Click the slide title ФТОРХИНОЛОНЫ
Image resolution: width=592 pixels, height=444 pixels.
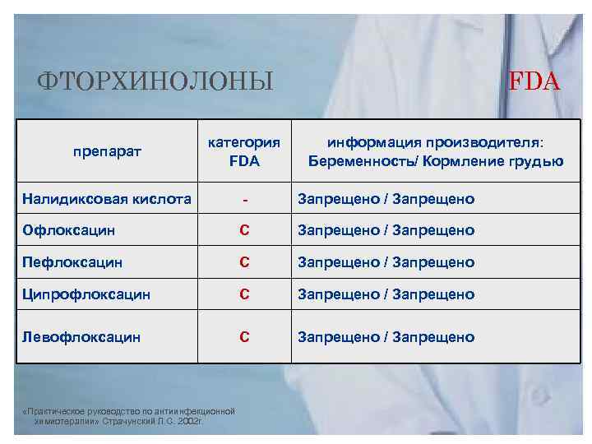(x=156, y=81)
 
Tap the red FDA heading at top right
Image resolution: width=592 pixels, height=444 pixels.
(x=534, y=81)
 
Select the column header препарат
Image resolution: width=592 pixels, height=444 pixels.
(x=107, y=151)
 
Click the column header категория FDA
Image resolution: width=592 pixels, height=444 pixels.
(x=244, y=151)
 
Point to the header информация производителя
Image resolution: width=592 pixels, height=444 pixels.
(x=436, y=142)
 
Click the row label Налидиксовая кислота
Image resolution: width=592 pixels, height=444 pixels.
(x=107, y=198)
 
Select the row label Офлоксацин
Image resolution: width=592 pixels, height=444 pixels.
(x=69, y=230)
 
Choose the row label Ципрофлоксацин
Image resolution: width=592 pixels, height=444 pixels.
(x=86, y=294)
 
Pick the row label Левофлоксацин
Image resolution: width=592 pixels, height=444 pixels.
(x=81, y=336)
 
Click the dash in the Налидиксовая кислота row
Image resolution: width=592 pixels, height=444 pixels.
(x=244, y=200)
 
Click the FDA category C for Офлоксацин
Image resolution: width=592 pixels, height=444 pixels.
(x=244, y=230)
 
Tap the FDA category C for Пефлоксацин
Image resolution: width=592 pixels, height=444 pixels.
(x=244, y=262)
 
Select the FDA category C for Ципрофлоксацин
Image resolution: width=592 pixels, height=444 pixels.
(x=244, y=294)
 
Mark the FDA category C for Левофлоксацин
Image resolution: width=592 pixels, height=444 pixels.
(x=244, y=336)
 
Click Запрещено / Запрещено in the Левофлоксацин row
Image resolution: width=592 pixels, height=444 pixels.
(x=386, y=336)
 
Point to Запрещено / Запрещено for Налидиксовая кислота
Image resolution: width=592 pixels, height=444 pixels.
(x=386, y=198)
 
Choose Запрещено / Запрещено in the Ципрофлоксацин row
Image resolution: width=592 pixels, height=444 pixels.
(x=386, y=294)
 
